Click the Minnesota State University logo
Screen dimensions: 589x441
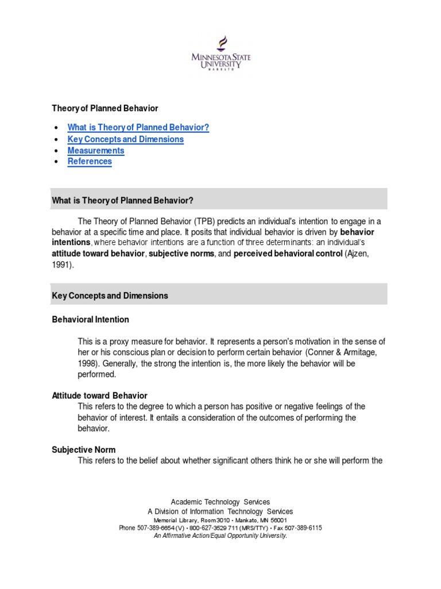click(x=221, y=54)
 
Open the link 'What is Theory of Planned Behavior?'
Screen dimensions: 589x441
click(x=138, y=128)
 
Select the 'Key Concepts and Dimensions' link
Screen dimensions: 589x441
click(x=125, y=139)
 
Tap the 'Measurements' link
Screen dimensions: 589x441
click(x=95, y=151)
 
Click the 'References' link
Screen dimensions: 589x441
click(x=90, y=162)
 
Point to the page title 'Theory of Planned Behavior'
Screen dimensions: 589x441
click(x=105, y=108)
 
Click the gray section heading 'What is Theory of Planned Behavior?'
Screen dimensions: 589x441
click(x=122, y=200)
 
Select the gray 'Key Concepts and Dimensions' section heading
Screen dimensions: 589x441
click(x=110, y=296)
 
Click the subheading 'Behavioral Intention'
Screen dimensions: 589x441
click(x=90, y=319)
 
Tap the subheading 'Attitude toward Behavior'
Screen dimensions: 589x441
click(x=99, y=396)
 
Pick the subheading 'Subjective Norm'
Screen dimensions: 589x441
click(x=84, y=450)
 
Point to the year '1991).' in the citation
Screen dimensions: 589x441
click(x=63, y=265)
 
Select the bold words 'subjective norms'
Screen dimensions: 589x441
click(x=181, y=254)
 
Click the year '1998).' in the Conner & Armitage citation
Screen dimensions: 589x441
click(x=90, y=363)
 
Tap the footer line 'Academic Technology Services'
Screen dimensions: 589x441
click(x=220, y=502)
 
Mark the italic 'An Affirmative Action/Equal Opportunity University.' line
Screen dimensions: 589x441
click(x=220, y=536)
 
